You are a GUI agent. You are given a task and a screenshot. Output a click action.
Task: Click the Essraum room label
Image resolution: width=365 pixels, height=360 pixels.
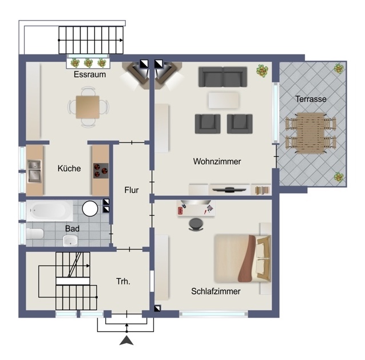(90, 74)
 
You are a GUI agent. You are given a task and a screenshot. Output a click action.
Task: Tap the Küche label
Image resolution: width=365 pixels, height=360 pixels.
(69, 168)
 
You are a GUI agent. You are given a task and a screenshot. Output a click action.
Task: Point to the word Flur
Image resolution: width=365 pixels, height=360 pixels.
(132, 190)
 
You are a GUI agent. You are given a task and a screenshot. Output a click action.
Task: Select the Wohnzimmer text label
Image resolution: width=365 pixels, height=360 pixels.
(217, 161)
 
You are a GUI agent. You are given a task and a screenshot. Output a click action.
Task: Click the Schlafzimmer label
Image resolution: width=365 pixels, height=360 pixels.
(216, 291)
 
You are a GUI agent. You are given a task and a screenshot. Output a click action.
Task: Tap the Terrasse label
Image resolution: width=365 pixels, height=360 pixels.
(311, 99)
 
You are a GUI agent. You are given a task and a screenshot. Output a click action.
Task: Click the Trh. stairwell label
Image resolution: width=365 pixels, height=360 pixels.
(123, 282)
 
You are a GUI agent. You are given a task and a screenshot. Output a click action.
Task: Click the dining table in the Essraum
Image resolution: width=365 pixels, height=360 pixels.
(88, 107)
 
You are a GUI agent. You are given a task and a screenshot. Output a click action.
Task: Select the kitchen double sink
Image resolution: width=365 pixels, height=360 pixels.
(34, 171)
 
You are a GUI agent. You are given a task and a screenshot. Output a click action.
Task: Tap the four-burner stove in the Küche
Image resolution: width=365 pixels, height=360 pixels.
(101, 171)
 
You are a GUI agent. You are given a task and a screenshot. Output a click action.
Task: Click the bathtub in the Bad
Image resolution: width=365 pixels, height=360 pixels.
(49, 211)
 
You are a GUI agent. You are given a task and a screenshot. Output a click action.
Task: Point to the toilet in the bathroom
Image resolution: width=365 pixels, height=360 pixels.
(35, 234)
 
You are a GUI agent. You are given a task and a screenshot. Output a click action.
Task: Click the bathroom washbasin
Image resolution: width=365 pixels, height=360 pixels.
(70, 240)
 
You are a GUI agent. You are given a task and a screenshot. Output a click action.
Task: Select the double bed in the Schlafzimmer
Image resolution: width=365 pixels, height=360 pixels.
(243, 258)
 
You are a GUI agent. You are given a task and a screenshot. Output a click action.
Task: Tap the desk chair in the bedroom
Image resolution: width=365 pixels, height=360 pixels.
(196, 224)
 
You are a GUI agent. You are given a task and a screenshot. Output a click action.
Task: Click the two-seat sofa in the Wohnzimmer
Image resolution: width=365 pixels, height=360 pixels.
(223, 77)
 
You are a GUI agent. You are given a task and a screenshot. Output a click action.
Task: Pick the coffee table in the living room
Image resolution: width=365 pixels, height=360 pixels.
(224, 100)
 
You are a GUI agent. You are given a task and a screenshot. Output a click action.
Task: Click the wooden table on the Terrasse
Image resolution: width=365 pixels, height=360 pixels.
(311, 133)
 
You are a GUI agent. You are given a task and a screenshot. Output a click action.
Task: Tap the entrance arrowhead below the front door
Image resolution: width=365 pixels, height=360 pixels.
(126, 340)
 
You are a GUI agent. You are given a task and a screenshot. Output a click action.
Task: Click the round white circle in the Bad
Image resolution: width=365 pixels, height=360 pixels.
(90, 209)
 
